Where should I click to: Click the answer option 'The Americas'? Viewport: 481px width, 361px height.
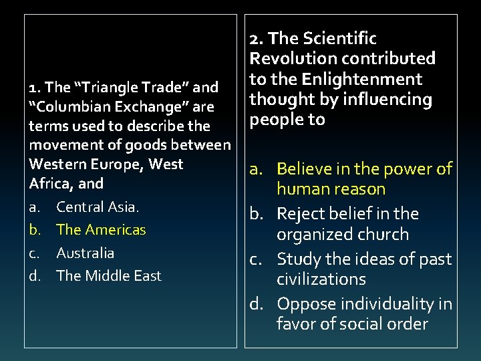point(101,229)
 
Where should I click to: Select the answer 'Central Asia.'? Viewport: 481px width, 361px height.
point(98,207)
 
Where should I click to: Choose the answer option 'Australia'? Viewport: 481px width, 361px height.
point(85,253)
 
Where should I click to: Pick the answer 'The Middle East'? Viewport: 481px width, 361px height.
point(108,275)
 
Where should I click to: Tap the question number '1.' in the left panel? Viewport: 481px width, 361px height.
point(34,88)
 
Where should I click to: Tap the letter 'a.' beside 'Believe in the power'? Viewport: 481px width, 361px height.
point(259,169)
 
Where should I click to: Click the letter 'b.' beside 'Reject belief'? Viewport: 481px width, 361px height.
point(259,214)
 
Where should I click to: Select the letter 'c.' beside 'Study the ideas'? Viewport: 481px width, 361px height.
point(259,259)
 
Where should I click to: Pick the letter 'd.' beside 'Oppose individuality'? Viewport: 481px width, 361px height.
point(259,304)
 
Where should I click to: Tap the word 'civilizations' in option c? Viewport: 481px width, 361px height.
point(321,279)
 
